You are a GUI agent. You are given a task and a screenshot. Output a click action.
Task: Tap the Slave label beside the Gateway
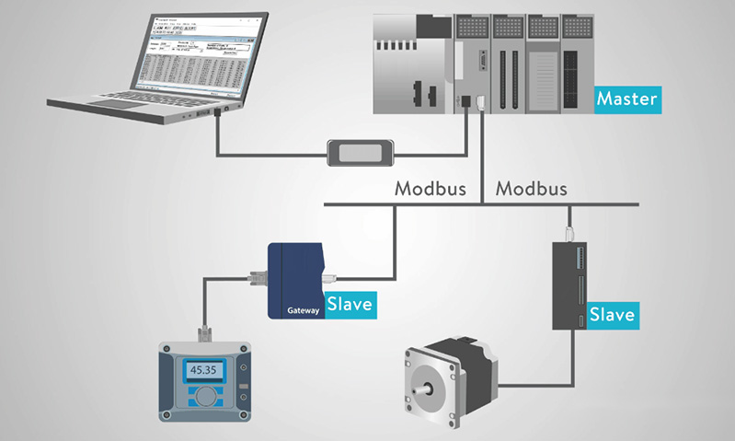350,304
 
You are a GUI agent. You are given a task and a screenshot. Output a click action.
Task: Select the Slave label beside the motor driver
612,315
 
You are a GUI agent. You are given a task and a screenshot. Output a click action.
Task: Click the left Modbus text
431,190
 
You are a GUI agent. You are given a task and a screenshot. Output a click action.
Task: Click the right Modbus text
531,190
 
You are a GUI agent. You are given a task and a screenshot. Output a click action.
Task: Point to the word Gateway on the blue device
303,310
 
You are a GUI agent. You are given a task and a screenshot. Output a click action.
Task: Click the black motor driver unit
569,285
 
